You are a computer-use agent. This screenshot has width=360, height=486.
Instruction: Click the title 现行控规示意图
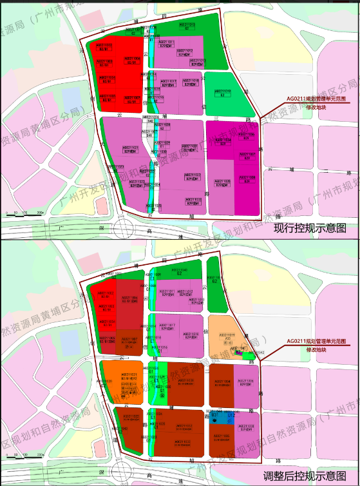coord(310,228)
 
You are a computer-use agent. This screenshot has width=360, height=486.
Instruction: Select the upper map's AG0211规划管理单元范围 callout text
coord(316,100)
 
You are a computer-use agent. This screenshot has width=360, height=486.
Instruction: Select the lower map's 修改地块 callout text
coord(316,351)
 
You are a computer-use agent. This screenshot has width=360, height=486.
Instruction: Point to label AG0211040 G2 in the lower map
coord(182,271)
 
